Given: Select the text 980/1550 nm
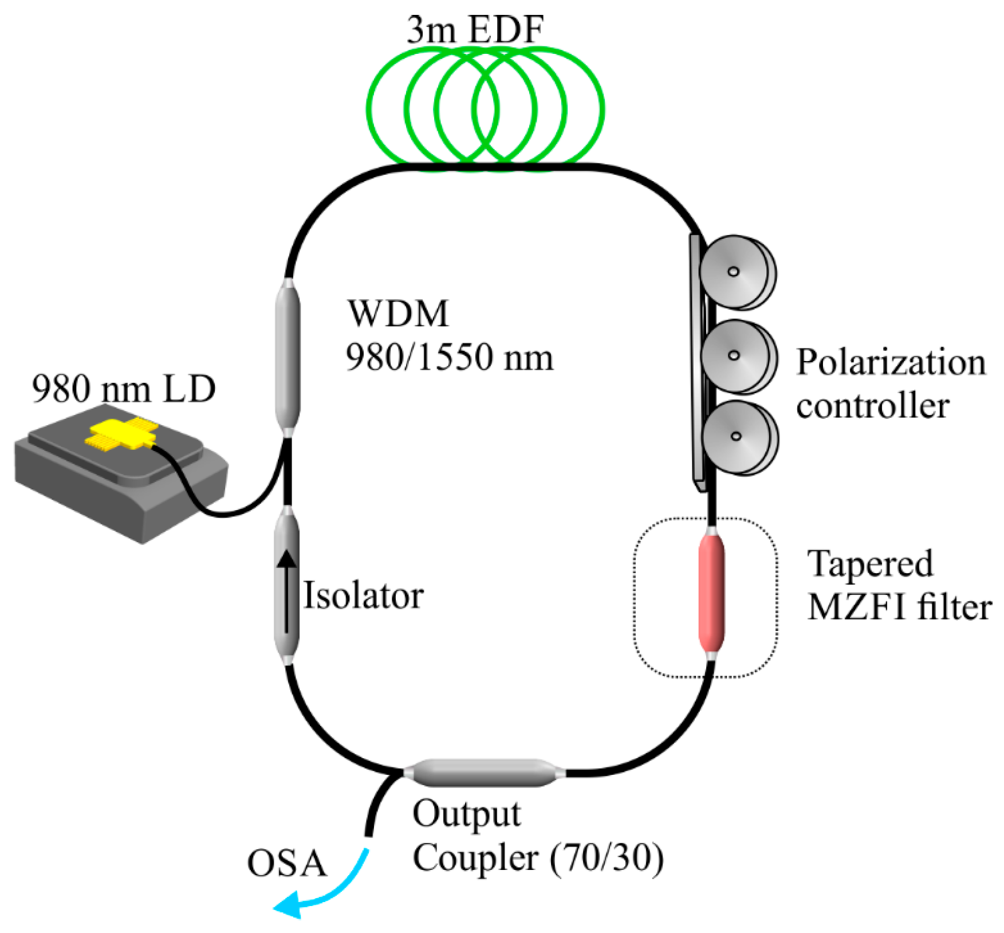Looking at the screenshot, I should click(x=450, y=358).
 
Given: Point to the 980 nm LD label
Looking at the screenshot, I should click(x=124, y=389).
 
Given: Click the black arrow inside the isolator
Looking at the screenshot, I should click(x=287, y=590).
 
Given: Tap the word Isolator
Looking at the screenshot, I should click(x=363, y=595).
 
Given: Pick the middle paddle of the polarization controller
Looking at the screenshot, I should click(x=737, y=356).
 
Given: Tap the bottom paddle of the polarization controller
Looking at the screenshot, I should click(x=738, y=437).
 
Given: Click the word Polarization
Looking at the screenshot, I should click(x=891, y=363).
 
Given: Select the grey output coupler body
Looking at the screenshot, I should click(x=484, y=773).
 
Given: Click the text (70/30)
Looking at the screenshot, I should click(x=607, y=858).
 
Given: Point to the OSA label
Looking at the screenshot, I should click(x=287, y=864).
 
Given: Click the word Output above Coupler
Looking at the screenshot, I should click(x=466, y=814).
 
